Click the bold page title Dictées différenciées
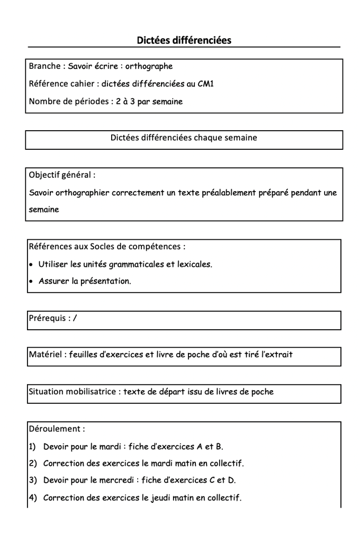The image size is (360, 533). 184,40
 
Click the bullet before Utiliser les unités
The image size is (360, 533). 32,264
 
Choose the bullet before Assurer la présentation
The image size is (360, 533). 32,282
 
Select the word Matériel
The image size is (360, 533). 46,355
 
